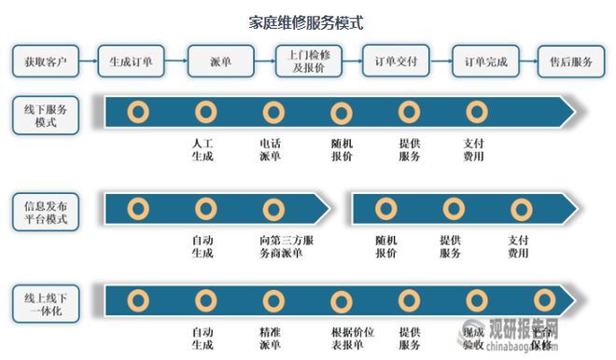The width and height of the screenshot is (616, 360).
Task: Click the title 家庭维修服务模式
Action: (x=307, y=20)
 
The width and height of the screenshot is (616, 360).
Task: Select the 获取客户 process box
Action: (x=43, y=62)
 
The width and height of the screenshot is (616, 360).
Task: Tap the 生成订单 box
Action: (x=132, y=62)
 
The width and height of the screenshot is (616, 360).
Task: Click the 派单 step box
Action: (x=220, y=62)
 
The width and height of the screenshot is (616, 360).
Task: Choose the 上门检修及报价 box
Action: (x=309, y=62)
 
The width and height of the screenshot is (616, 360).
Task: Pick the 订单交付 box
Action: (x=396, y=62)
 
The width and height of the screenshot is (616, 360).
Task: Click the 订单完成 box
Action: (x=485, y=62)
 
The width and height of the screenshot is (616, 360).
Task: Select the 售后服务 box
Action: (x=570, y=62)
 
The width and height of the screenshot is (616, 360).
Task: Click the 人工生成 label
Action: (x=203, y=150)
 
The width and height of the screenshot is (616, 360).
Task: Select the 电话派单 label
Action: (x=271, y=150)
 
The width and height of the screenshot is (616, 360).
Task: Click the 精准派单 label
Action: (x=271, y=338)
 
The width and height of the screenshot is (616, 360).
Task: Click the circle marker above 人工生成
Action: (x=205, y=113)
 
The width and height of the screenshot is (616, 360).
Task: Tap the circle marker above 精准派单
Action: (x=273, y=299)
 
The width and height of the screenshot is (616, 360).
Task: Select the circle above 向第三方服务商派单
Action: (x=273, y=208)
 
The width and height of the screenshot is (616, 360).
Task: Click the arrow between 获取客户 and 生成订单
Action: (x=88, y=62)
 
